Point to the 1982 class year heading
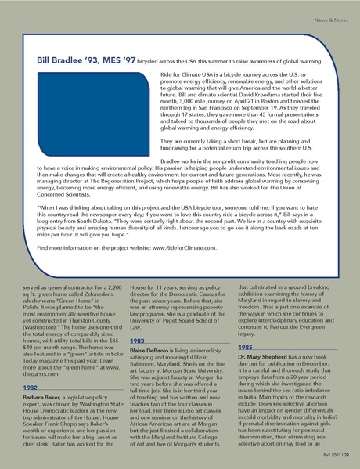pyautogui.click(x=31, y=387)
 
